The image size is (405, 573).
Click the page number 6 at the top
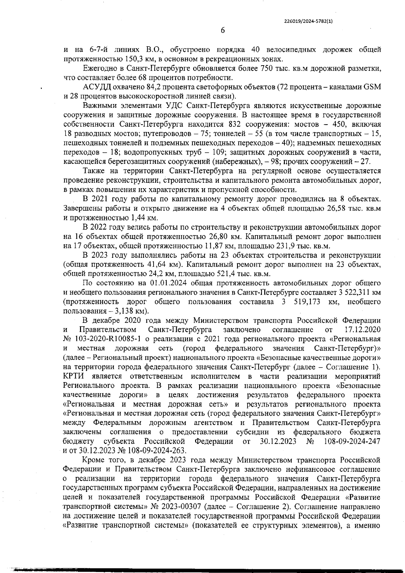[223, 30]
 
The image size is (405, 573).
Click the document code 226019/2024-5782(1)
[308, 21]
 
